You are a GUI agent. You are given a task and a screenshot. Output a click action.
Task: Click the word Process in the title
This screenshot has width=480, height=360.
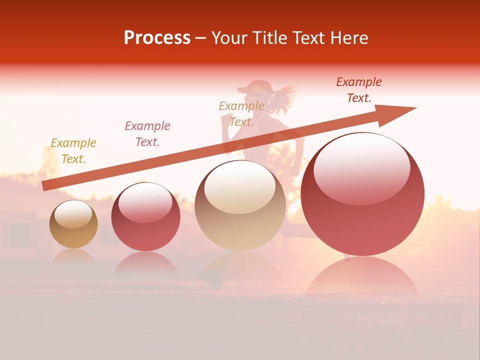pos(157,38)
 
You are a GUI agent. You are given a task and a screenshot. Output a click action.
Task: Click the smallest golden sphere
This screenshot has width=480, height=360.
pos(73,224)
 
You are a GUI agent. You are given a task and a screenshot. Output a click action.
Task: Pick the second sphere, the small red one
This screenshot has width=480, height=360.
pos(145,217)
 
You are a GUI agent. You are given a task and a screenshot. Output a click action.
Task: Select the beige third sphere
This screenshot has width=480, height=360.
pos(240,205)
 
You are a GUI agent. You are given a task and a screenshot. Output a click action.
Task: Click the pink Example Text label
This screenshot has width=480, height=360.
pos(147,134)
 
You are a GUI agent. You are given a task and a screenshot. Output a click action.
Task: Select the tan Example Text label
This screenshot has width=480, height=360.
pos(241,114)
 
